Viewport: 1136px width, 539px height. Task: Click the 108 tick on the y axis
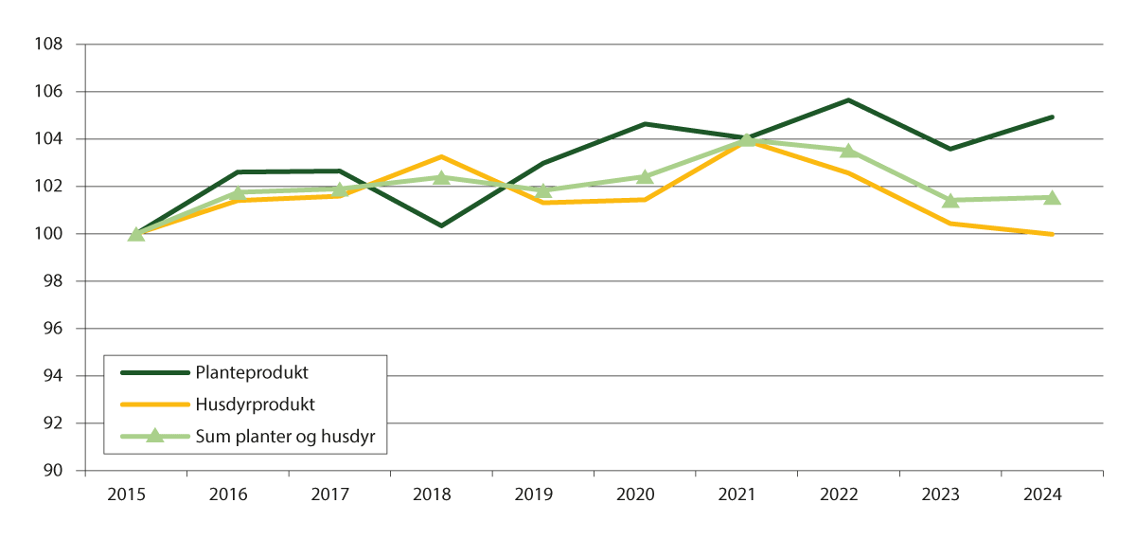[50, 45]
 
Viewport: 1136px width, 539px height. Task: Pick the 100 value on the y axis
[50, 234]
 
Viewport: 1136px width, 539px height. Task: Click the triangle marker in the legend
[154, 436]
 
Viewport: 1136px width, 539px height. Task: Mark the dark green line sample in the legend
[154, 372]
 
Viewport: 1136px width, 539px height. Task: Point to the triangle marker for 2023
[950, 200]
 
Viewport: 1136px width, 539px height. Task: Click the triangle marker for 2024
[1052, 197]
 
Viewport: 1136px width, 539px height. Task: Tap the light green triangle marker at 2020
[645, 176]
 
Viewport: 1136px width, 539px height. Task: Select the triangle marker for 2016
[238, 192]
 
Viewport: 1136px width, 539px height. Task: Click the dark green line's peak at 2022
[848, 99]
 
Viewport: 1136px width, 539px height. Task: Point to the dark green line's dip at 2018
[441, 225]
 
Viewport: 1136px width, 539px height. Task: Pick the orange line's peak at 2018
[441, 156]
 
